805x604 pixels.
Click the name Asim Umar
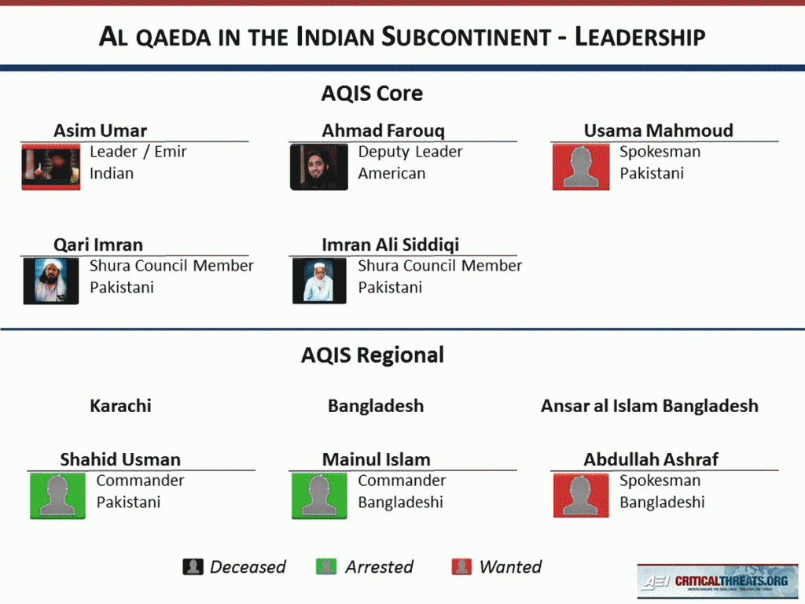100,131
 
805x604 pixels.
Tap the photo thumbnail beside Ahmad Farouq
318,167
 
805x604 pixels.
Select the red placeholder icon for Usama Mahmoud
580,167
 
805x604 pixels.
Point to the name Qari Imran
98,245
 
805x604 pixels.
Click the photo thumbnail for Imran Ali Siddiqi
318,281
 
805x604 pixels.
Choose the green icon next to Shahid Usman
57,495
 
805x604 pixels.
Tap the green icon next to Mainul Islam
318,495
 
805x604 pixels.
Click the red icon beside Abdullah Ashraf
580,495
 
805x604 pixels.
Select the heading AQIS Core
372,94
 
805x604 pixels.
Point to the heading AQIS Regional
372,355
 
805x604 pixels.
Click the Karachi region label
120,407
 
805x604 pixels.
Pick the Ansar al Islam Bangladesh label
649,407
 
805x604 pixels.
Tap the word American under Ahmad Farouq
391,174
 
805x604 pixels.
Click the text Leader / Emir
138,152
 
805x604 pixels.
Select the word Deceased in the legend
248,567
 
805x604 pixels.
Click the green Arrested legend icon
326,567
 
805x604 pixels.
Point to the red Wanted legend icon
461,567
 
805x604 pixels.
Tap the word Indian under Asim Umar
112,174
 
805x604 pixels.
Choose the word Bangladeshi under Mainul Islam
400,503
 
